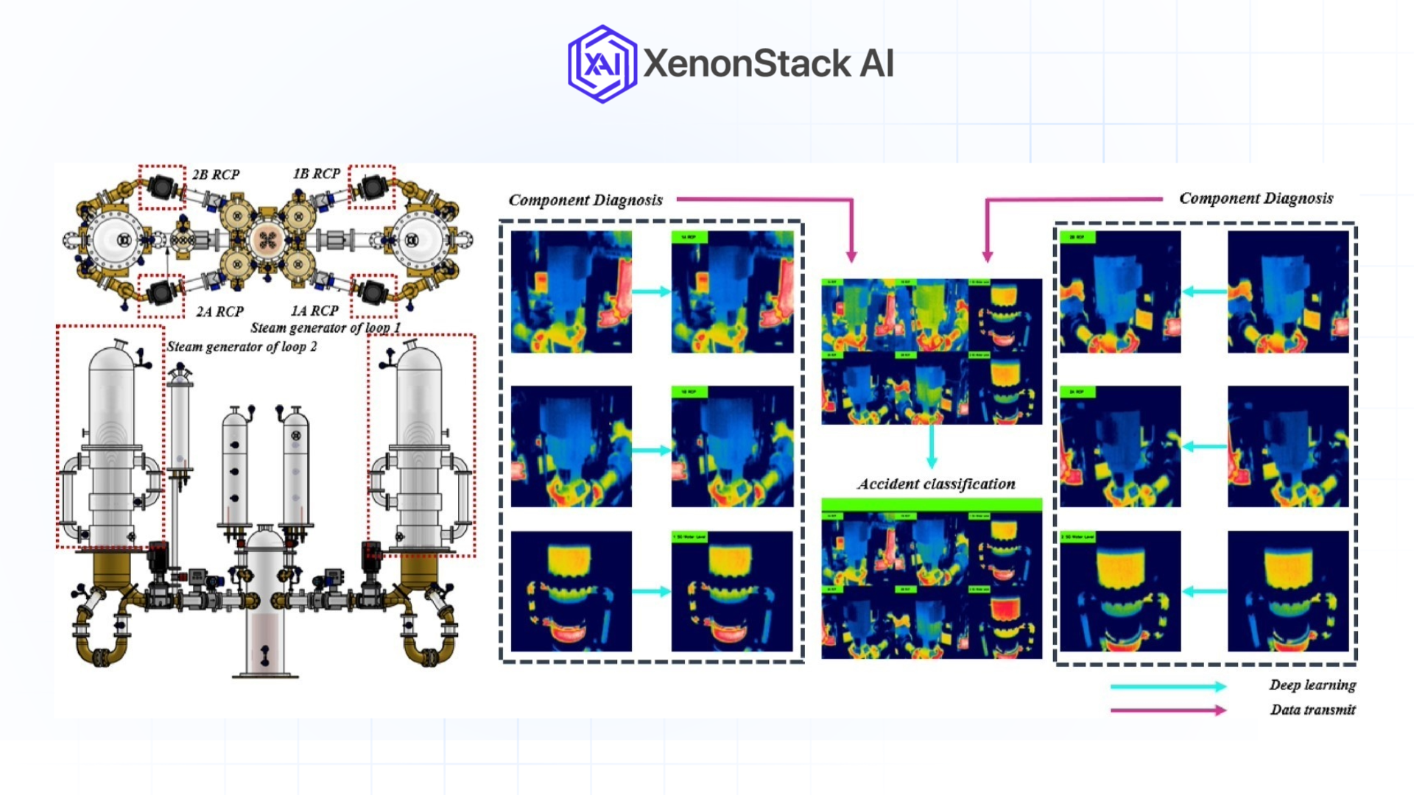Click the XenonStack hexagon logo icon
pos(602,64)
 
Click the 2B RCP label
pos(216,174)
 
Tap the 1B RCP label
pos(317,174)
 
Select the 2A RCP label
pos(219,311)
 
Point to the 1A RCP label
pos(314,311)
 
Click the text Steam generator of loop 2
pos(242,347)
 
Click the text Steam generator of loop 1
pos(326,328)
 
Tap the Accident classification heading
pos(936,484)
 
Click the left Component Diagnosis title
pos(585,200)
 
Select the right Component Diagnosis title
pos(1256,198)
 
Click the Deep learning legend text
pos(1312,685)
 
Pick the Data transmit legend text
pos(1312,710)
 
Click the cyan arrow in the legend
pos(1168,686)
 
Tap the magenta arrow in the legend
pos(1168,710)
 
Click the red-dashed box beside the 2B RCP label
pos(162,187)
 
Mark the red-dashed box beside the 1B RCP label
pos(372,187)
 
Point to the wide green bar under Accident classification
pos(932,505)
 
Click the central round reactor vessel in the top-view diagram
pos(267,239)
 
